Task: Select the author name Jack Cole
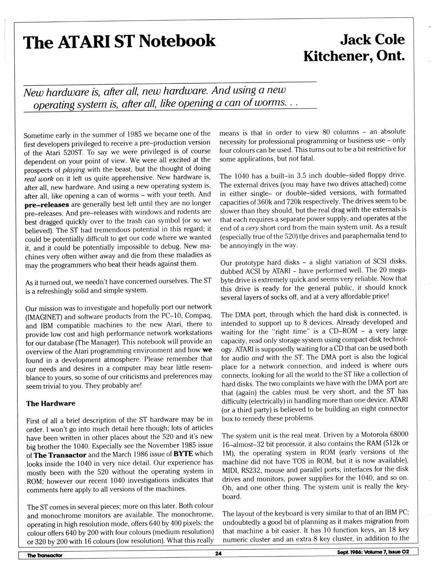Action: pos(372,39)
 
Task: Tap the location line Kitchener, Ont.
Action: pos(354,56)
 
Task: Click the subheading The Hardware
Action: pos(51,403)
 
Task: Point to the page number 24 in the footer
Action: pos(218,554)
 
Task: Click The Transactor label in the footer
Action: pos(44,555)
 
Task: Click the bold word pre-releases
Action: pos(47,204)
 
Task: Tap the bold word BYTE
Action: pos(183,454)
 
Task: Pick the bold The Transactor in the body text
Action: pos(60,455)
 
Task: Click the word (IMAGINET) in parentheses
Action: pos(44,316)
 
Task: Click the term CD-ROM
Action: pos(344,331)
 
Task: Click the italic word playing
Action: pos(74,169)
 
